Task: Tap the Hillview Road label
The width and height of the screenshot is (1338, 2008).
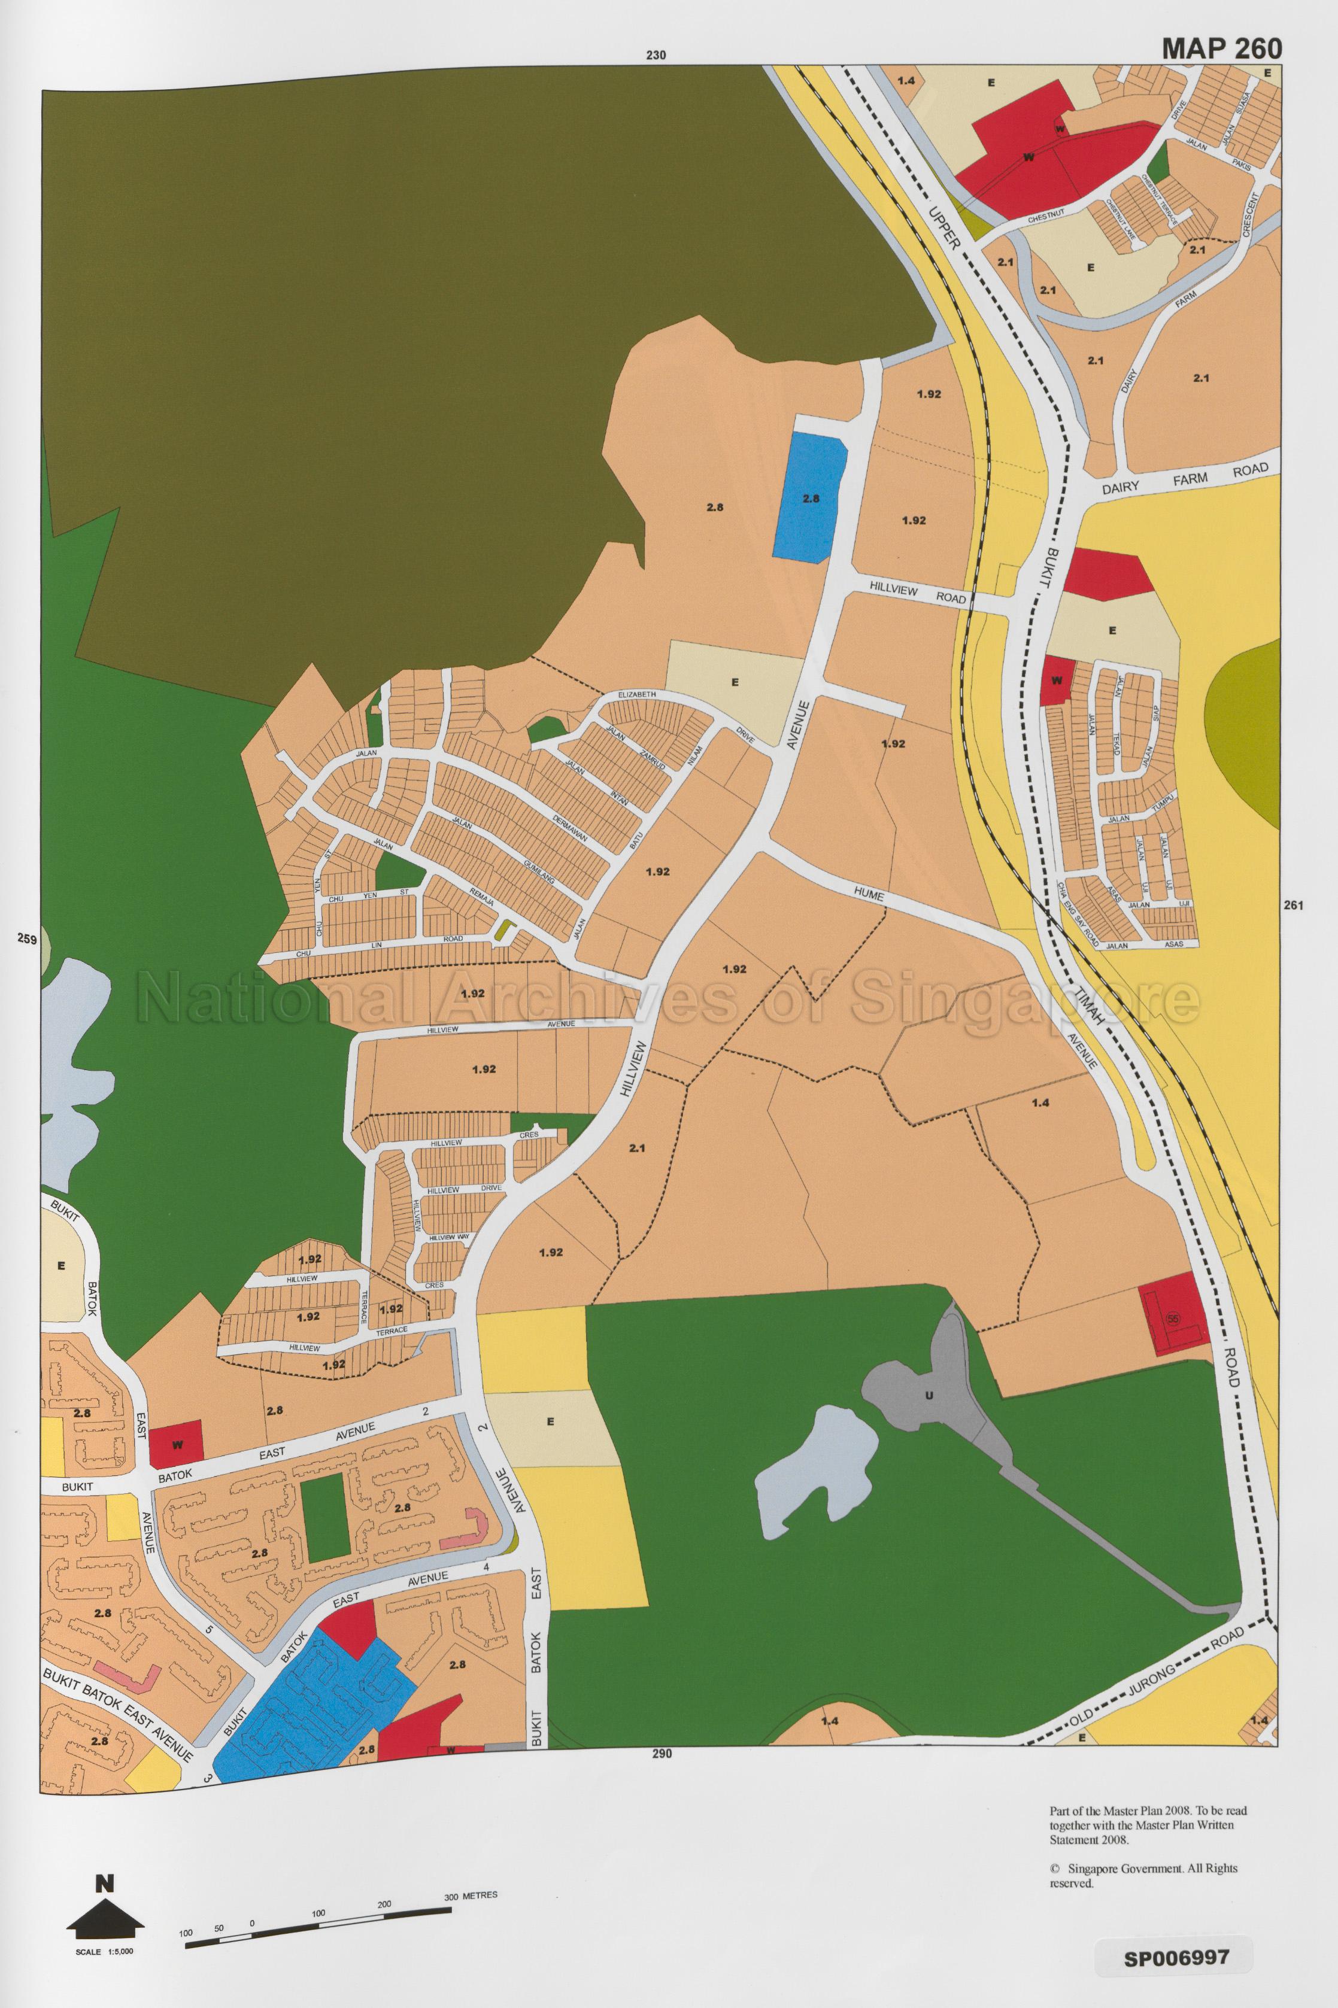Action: coord(917,588)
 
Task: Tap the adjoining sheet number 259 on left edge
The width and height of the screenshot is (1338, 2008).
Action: coord(26,939)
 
